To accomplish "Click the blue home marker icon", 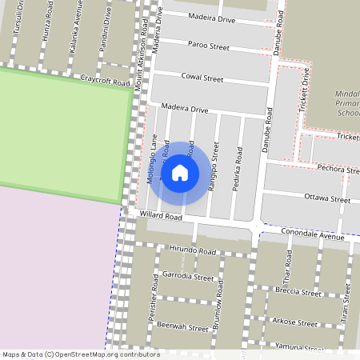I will pyautogui.click(x=202, y=172).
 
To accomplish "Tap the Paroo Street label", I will pyautogui.click(x=207, y=45).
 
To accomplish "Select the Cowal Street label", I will pyautogui.click(x=202, y=78).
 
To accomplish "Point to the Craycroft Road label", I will pyautogui.click(x=105, y=81).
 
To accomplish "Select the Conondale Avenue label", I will pyautogui.click(x=311, y=234).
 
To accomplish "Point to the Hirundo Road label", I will pyautogui.click(x=193, y=250).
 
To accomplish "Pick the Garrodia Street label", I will pyautogui.click(x=188, y=277).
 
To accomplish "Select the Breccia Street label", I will pyautogui.click(x=297, y=293).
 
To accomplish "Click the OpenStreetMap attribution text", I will pyautogui.click(x=81, y=354).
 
